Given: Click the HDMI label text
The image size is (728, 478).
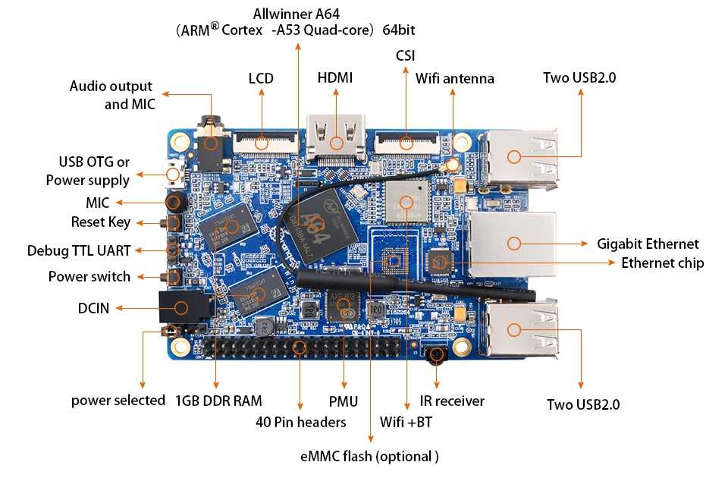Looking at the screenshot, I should tap(335, 78).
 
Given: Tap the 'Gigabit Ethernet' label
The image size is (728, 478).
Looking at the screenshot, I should tap(648, 244).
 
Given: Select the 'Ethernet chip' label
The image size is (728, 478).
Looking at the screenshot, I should tap(662, 263).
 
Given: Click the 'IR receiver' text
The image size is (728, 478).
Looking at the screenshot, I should tap(452, 401).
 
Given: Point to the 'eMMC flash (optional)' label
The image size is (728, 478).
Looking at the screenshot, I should tap(370, 456).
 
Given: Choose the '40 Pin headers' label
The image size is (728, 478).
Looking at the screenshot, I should tap(301, 421).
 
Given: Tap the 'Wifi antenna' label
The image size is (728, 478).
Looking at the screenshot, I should tap(455, 79).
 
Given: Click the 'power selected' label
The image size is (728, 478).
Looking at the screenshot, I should tap(118, 400).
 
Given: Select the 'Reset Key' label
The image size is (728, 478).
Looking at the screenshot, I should tap(101, 222).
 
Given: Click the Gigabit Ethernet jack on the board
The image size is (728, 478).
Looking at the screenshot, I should tap(513, 243).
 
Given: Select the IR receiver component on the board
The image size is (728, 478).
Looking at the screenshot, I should tap(437, 354).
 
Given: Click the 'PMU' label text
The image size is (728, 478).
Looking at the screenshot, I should tap(344, 401).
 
